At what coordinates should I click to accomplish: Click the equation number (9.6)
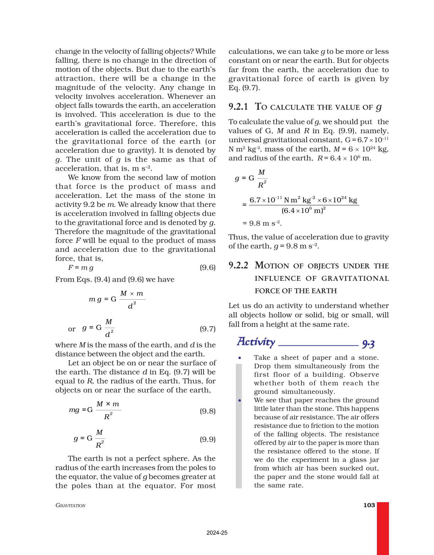pyautogui.click(x=207, y=267)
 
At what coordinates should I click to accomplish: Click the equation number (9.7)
pyautogui.click(x=207, y=329)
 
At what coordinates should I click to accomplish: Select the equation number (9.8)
pyautogui.click(x=207, y=411)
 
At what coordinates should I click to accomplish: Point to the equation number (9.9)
pyautogui.click(x=207, y=439)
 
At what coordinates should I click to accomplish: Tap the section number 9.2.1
pyautogui.click(x=238, y=107)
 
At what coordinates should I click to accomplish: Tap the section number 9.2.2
pyautogui.click(x=238, y=265)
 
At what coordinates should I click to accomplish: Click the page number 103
pyautogui.click(x=369, y=505)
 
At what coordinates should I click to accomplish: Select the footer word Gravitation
pyautogui.click(x=71, y=505)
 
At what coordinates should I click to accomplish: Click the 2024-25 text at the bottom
pyautogui.click(x=217, y=533)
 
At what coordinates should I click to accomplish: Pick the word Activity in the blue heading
pyautogui.click(x=256, y=342)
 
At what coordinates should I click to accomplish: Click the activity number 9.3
pyautogui.click(x=368, y=344)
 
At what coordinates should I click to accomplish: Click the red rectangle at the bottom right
pyautogui.click(x=383, y=528)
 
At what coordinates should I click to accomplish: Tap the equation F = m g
pyautogui.click(x=81, y=268)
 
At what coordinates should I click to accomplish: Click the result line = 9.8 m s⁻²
pyautogui.click(x=262, y=223)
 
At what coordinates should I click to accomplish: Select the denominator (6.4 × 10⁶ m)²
pyautogui.click(x=304, y=211)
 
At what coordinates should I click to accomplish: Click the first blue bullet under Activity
pyautogui.click(x=240, y=358)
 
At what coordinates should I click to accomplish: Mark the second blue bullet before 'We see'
pyautogui.click(x=240, y=400)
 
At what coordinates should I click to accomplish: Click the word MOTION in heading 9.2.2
pyautogui.click(x=272, y=266)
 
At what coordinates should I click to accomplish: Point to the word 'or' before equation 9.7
pyautogui.click(x=72, y=329)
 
